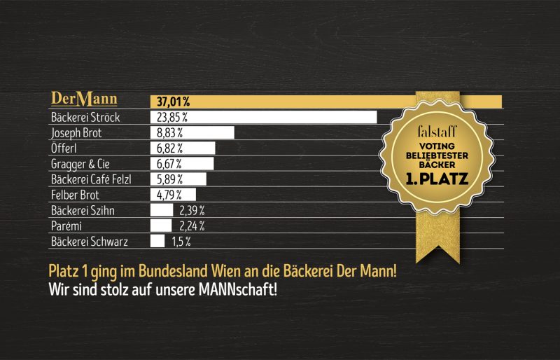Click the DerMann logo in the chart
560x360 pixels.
pyautogui.click(x=84, y=99)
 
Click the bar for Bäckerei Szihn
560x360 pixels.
pyautogui.click(x=162, y=210)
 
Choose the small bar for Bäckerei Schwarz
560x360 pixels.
pyautogui.click(x=157, y=241)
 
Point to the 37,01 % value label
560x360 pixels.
pyautogui.click(x=172, y=102)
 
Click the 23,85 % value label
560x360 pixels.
pyautogui.click(x=172, y=117)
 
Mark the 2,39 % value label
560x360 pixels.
pyautogui.click(x=190, y=210)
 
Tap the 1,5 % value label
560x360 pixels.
pyautogui.click(x=181, y=241)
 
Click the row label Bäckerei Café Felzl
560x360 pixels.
pyautogui.click(x=91, y=179)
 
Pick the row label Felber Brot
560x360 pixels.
pyautogui.click(x=76, y=195)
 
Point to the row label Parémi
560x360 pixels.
pyautogui.click(x=67, y=226)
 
